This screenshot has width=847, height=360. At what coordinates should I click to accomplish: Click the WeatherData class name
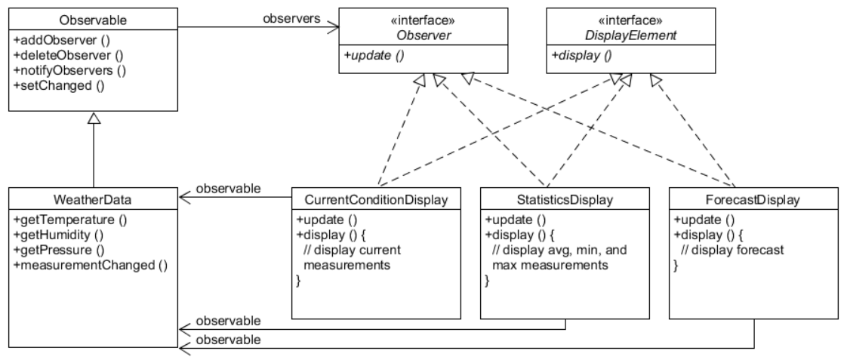94,200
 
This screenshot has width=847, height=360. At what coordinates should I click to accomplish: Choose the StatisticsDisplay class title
565,200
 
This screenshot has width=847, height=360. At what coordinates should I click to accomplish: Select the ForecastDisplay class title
753,200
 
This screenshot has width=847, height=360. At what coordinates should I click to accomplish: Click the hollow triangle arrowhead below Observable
94,118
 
